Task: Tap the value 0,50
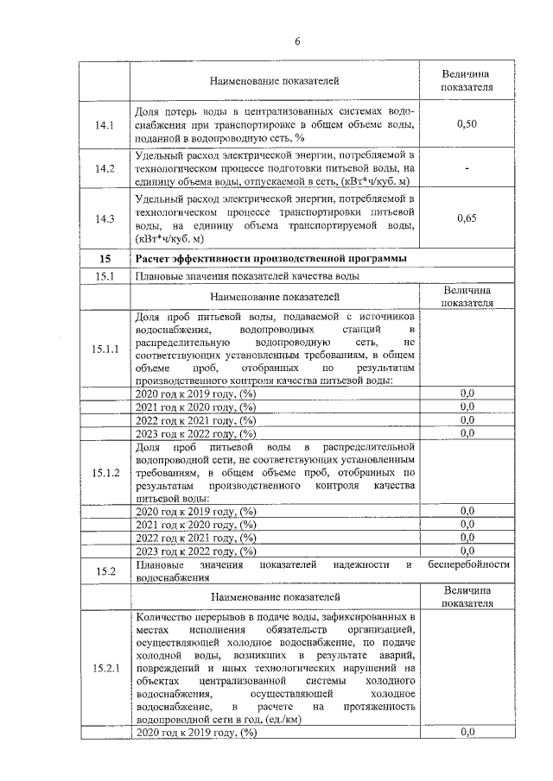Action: pyautogui.click(x=467, y=125)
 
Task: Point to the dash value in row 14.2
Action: pyautogui.click(x=467, y=168)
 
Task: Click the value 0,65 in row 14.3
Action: pyautogui.click(x=467, y=218)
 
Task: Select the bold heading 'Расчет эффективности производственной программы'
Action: pyautogui.click(x=270, y=259)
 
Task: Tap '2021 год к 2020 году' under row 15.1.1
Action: pyautogui.click(x=196, y=406)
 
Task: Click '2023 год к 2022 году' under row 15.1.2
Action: pyautogui.click(x=196, y=551)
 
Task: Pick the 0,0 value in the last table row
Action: pyautogui.click(x=467, y=732)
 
